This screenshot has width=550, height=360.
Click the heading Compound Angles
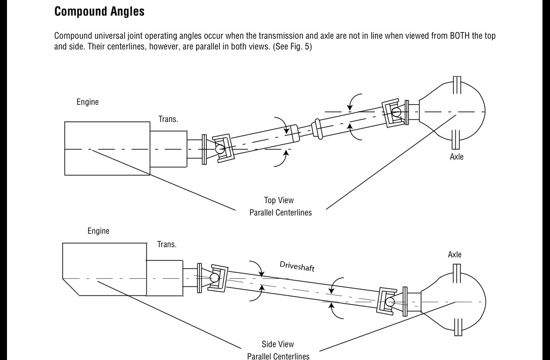click(99, 11)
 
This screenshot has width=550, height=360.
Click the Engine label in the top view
click(88, 102)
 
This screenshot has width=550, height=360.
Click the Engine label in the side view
click(98, 231)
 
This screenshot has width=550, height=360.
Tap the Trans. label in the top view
click(168, 119)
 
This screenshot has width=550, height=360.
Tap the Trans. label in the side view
click(167, 244)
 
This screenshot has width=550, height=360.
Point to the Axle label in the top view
click(457, 157)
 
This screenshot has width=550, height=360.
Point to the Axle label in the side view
click(454, 255)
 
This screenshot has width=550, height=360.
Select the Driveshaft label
click(297, 266)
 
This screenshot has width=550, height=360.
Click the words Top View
click(279, 200)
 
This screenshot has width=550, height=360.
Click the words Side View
click(278, 344)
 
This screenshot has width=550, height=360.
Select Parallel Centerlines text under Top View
click(280, 212)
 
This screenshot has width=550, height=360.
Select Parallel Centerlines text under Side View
click(278, 356)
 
